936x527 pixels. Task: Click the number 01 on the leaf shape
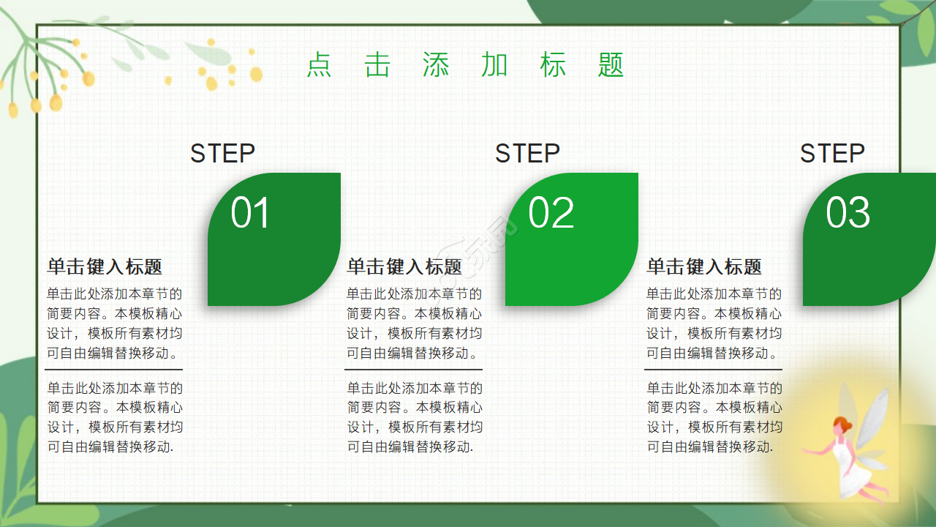click(x=251, y=213)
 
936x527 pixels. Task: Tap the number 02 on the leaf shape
click(x=551, y=213)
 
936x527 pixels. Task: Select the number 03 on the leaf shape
click(x=848, y=213)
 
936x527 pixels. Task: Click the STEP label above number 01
click(x=222, y=154)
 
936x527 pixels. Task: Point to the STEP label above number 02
click(x=527, y=154)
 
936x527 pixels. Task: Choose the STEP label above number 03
click(x=832, y=154)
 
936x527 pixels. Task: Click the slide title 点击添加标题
click(x=465, y=65)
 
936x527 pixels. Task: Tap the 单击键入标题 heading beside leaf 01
click(x=105, y=266)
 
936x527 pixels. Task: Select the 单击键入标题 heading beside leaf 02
click(x=404, y=266)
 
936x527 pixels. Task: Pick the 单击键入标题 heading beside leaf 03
click(x=704, y=266)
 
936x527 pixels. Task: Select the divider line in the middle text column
click(x=413, y=370)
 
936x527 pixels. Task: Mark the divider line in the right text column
click(x=713, y=370)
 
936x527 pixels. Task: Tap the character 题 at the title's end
click(x=611, y=65)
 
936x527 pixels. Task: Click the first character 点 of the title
click(x=319, y=65)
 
